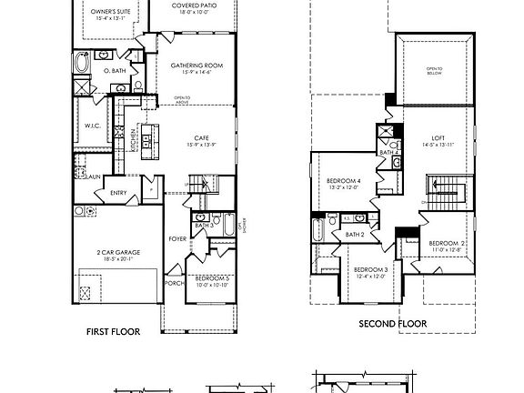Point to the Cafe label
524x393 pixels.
click(x=202, y=138)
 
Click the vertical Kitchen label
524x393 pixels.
click(x=134, y=138)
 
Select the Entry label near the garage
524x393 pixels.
click(x=118, y=193)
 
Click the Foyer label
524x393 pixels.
click(x=177, y=239)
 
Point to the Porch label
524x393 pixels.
click(x=174, y=282)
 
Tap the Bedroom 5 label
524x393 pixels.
click(x=211, y=277)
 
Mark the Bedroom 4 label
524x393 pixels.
click(x=344, y=182)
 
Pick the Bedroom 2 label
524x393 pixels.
click(x=448, y=244)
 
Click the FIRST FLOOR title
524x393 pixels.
click(x=113, y=331)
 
